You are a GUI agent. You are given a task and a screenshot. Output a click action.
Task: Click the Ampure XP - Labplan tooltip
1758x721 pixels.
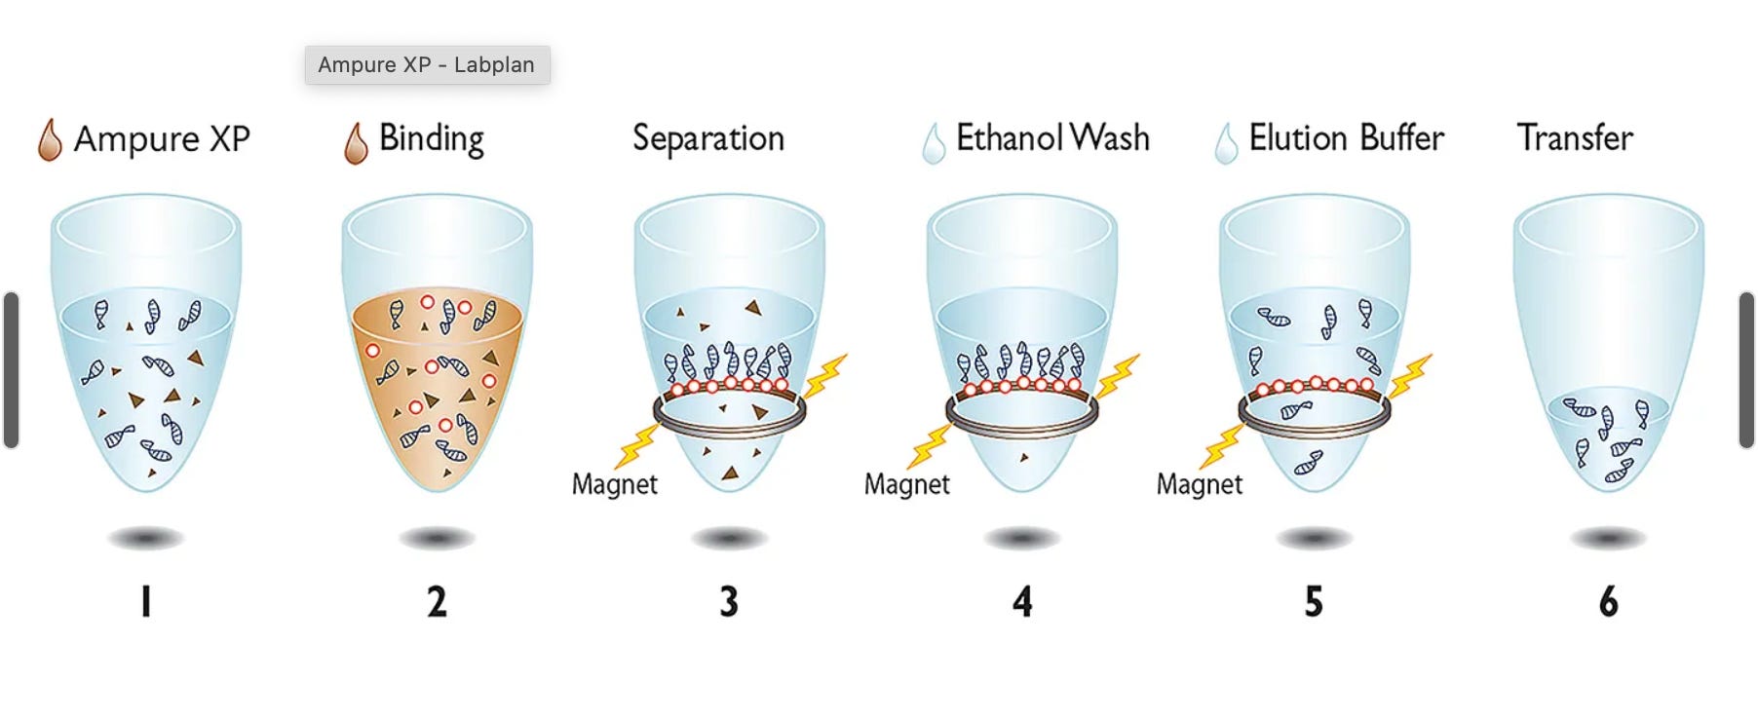click(427, 65)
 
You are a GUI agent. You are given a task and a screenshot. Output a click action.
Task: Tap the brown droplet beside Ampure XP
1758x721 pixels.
click(50, 140)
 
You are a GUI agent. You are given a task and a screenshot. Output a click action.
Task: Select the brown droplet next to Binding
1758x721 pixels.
click(356, 143)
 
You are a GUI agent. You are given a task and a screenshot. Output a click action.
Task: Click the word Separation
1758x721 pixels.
click(708, 138)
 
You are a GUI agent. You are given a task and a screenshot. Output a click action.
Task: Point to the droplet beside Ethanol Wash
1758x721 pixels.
click(934, 143)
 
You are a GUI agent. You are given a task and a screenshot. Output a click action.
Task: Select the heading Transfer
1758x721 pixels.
click(1575, 138)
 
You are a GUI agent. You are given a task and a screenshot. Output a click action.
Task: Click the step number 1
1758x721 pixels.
click(146, 601)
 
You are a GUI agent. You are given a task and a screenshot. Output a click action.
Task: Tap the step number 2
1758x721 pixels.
click(437, 601)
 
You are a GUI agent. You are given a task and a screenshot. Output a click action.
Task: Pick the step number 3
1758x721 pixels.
click(729, 601)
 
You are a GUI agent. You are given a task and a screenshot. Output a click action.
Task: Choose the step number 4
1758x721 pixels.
click(1022, 601)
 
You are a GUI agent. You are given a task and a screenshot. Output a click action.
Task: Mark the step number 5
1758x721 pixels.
click(1314, 601)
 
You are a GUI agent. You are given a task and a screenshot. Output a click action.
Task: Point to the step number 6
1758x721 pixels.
click(1608, 601)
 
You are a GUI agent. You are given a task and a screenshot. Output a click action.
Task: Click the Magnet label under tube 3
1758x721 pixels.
click(614, 484)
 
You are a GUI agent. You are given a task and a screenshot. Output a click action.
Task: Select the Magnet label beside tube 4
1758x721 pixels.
click(906, 484)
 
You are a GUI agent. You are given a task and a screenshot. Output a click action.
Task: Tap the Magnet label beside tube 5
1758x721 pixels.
click(1199, 484)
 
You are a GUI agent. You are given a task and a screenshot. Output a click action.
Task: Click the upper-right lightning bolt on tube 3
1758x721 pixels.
click(825, 375)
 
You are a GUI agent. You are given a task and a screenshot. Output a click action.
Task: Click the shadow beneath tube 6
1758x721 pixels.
click(1608, 538)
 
